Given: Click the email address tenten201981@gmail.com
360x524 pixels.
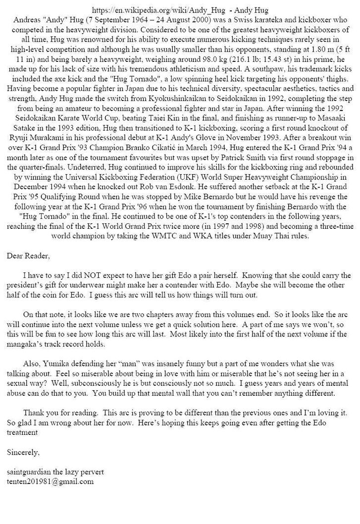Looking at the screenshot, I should point(50,481).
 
